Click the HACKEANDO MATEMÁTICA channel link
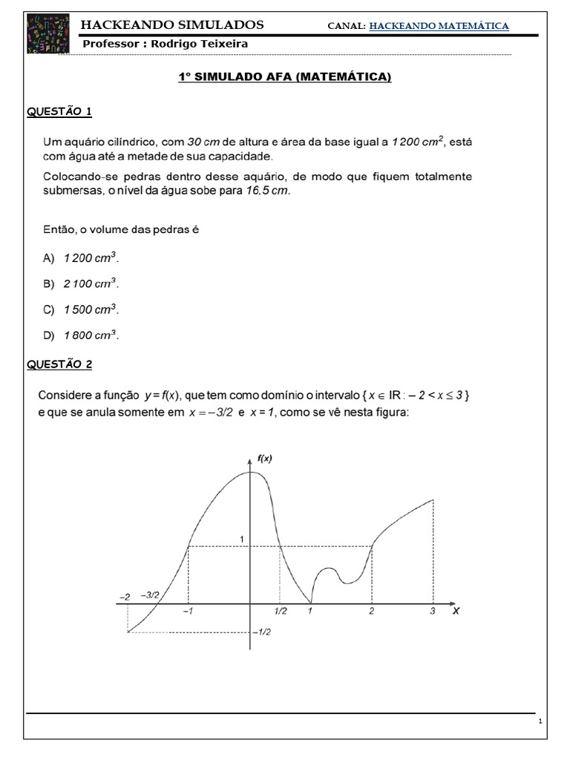tap(439, 26)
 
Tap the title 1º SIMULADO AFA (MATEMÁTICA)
tap(285, 77)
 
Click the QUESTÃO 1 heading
tap(59, 111)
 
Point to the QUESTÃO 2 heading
tap(59, 364)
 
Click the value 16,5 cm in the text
tap(268, 191)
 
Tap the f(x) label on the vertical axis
tap(264, 459)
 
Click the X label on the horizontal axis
tap(456, 612)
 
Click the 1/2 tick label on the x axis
tap(280, 612)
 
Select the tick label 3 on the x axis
tap(433, 612)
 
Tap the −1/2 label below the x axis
tap(261, 632)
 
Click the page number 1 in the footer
tap(541, 721)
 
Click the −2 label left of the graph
tap(124, 596)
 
